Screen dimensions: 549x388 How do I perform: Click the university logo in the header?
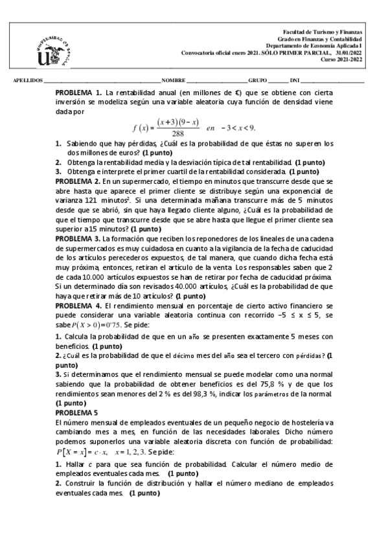tap(53, 51)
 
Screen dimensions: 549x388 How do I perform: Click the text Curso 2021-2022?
tap(343, 60)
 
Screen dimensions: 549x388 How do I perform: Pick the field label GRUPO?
tap(258, 81)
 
